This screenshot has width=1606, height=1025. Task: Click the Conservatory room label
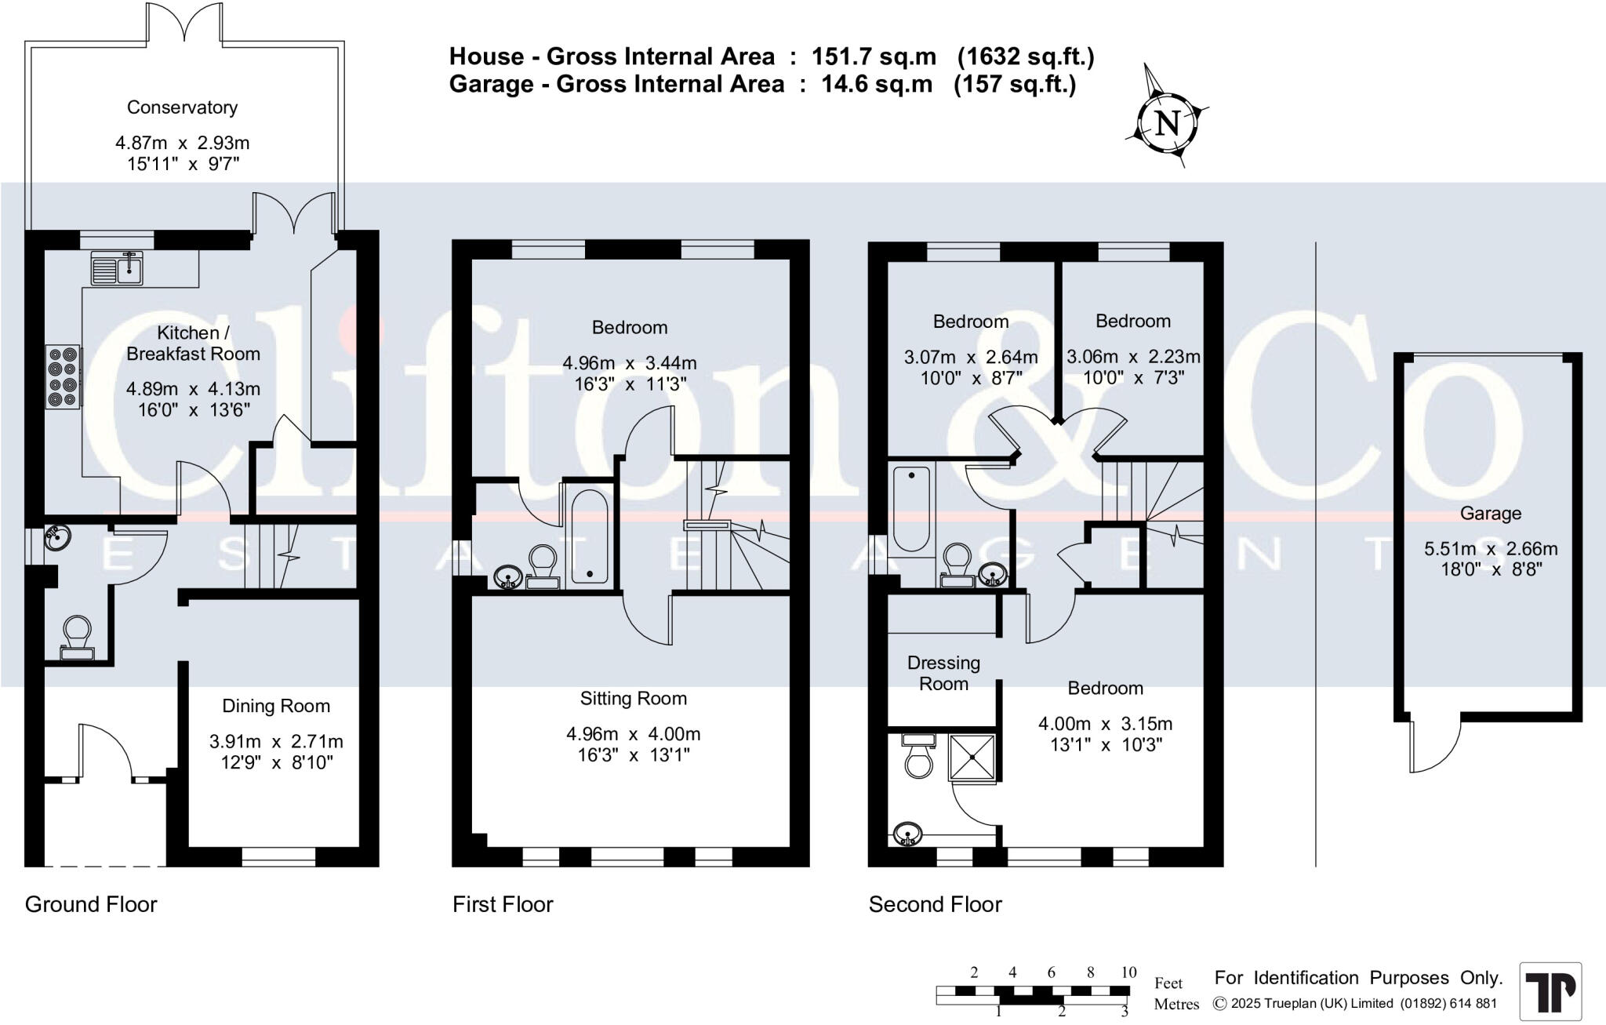pyautogui.click(x=182, y=107)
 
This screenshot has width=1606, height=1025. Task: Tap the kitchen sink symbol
pyautogui.click(x=117, y=269)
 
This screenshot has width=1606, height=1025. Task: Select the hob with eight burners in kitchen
pyautogui.click(x=63, y=376)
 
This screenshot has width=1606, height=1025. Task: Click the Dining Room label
pyautogui.click(x=276, y=706)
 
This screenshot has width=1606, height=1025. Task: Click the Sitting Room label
pyautogui.click(x=633, y=699)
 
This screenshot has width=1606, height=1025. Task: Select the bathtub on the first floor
pyautogui.click(x=589, y=537)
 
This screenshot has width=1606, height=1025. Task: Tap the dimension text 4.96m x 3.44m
pyautogui.click(x=629, y=363)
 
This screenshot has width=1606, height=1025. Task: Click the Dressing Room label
pyautogui.click(x=943, y=673)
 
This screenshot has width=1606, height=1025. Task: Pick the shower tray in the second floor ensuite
pyautogui.click(x=972, y=758)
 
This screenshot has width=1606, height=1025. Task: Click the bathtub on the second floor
pyautogui.click(x=911, y=507)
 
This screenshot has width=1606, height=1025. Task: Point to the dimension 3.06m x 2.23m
pyautogui.click(x=1132, y=357)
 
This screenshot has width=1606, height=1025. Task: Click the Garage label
pyautogui.click(x=1490, y=514)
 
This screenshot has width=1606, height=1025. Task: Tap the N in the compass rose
pyautogui.click(x=1168, y=123)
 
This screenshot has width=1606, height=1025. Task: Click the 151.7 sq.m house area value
pyautogui.click(x=874, y=56)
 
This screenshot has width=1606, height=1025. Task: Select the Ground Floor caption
pyautogui.click(x=91, y=904)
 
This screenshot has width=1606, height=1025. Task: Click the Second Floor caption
pyautogui.click(x=935, y=904)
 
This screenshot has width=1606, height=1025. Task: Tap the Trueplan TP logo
pyautogui.click(x=1550, y=991)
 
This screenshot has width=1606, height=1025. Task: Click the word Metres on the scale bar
pyautogui.click(x=1176, y=1004)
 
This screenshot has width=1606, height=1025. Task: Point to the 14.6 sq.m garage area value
pyautogui.click(x=877, y=84)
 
